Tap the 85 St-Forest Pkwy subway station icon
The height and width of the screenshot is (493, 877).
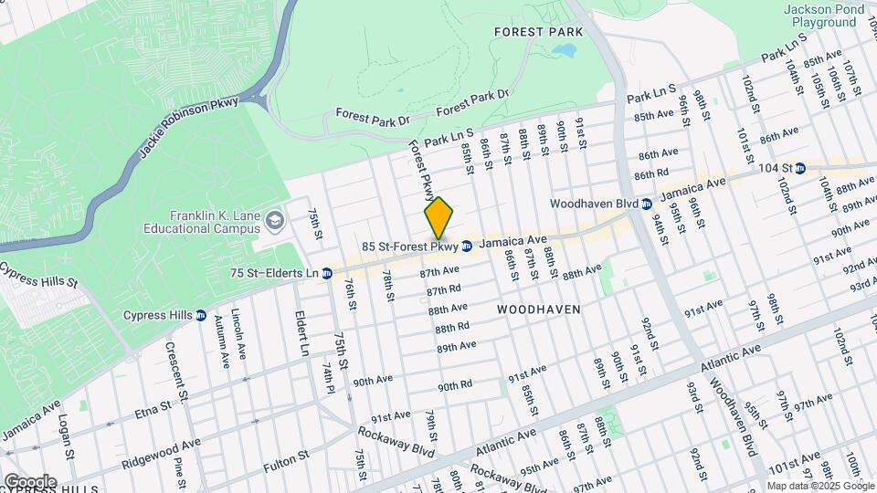point(467,246)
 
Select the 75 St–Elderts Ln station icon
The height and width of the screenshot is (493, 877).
point(326,273)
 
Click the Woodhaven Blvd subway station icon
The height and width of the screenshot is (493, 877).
point(646,204)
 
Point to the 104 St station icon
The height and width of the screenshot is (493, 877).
point(800,168)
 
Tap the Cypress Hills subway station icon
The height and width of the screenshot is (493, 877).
point(201,316)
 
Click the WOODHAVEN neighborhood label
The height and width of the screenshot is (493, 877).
point(539,309)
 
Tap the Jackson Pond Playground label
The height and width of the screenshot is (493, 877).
point(823,16)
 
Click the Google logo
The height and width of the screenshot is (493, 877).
point(29,481)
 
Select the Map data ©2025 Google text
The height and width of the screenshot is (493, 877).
point(820,486)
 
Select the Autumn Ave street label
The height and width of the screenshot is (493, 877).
point(221,341)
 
